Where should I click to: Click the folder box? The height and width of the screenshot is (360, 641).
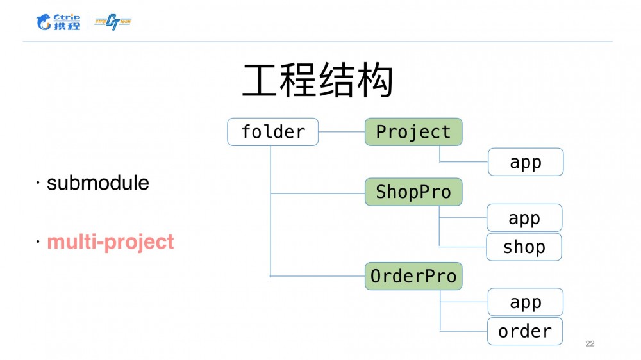[x=272, y=132]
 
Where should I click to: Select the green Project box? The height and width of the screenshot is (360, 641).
[x=413, y=132]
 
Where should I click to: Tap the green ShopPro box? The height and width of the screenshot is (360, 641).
[x=413, y=192]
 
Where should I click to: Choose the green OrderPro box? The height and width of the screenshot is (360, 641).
[x=413, y=276]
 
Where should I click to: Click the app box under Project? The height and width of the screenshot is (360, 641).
[x=526, y=162]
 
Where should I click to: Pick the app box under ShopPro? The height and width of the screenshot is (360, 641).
[x=524, y=218]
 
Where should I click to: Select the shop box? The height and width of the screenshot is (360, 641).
[x=524, y=247]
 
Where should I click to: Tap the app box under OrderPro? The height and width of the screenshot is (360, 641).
[x=526, y=302]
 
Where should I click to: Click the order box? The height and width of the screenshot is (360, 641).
[x=525, y=331]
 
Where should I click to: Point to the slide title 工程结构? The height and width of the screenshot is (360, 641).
[x=317, y=80]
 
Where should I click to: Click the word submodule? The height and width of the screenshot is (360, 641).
[x=98, y=183]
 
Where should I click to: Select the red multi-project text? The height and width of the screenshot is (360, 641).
[x=110, y=242]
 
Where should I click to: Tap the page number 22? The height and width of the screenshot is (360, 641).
[x=590, y=344]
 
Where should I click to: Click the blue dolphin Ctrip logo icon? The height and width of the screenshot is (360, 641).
[x=44, y=23]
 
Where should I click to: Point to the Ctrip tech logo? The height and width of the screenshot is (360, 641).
[x=113, y=22]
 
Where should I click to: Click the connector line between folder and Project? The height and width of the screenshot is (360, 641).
[x=342, y=132]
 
